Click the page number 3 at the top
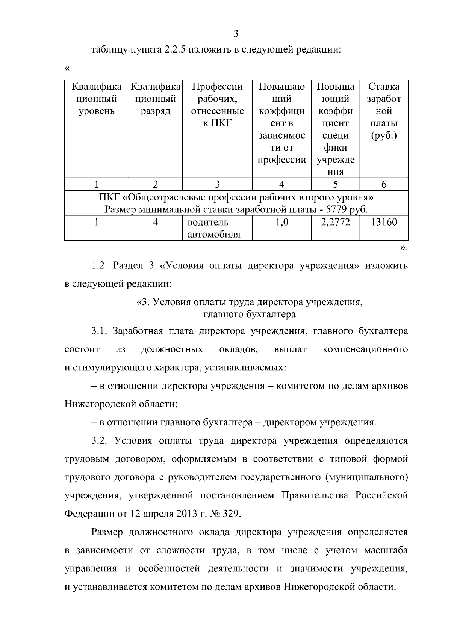pyautogui.click(x=236, y=34)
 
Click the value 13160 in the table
pyautogui.click(x=384, y=222)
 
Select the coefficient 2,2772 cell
pyautogui.click(x=335, y=222)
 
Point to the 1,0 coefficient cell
pyautogui.click(x=282, y=222)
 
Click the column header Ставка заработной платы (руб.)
pyautogui.click(x=384, y=111)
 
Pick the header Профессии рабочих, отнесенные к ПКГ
pyautogui.click(x=217, y=105)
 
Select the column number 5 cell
pyautogui.click(x=335, y=184)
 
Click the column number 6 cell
pyautogui.click(x=384, y=184)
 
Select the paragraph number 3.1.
pyautogui.click(x=100, y=331)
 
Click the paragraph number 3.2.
pyautogui.click(x=100, y=441)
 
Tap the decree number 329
pyautogui.click(x=231, y=514)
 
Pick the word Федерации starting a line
pyautogui.click(x=88, y=514)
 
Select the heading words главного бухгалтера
pyautogui.click(x=249, y=314)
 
